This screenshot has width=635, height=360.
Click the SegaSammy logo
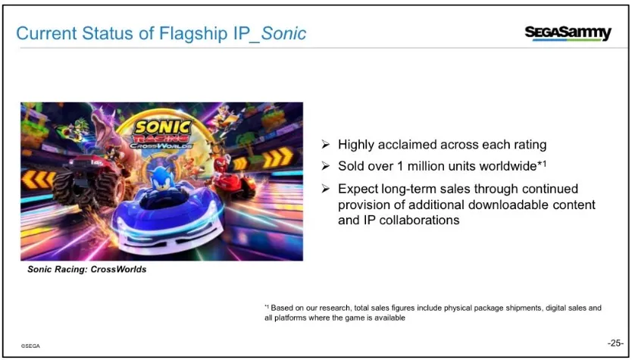tap(568, 33)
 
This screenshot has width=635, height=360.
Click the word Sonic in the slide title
tap(283, 33)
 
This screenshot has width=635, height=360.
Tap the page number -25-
tap(615, 343)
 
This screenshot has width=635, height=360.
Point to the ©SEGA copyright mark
tap(30, 346)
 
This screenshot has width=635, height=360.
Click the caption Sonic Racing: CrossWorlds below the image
tap(86, 269)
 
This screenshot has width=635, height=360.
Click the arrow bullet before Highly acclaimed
tap(326, 144)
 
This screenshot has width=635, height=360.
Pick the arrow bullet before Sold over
tap(326, 166)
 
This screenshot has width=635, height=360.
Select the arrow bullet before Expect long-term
tap(326, 188)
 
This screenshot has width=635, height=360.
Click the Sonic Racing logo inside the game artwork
tap(163, 133)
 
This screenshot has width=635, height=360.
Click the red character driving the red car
tap(221, 166)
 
